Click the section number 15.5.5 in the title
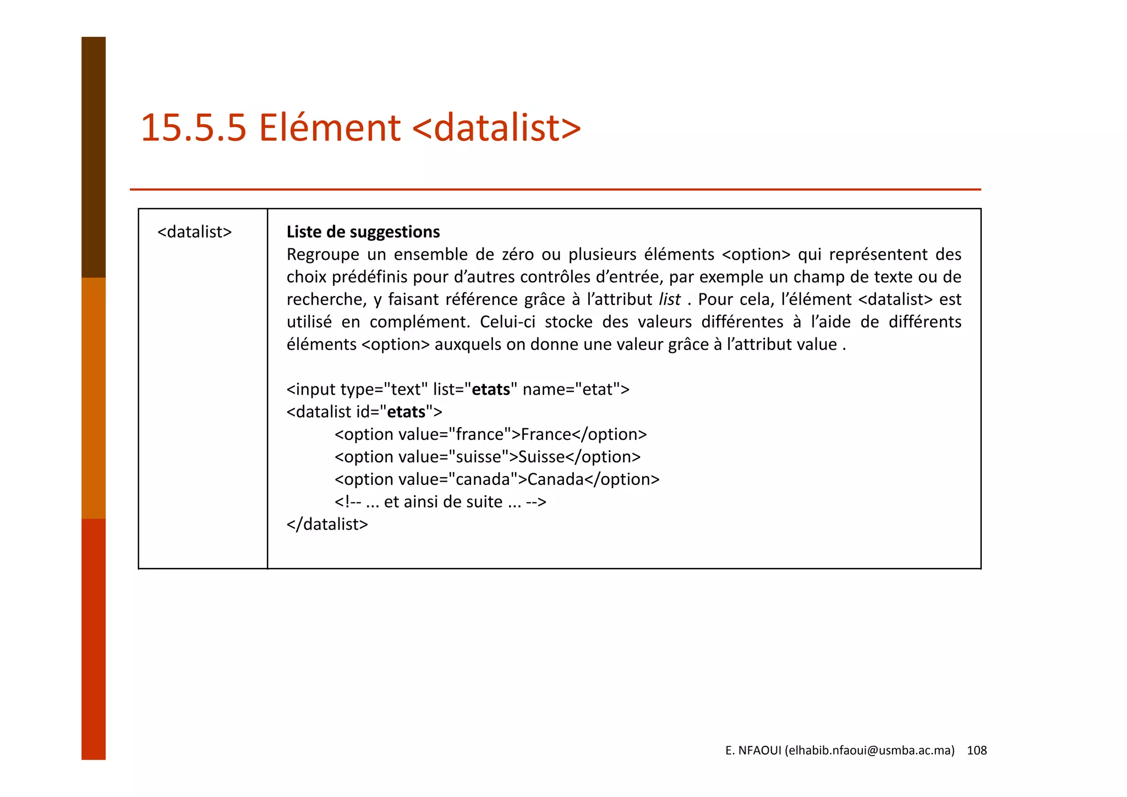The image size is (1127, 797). click(193, 128)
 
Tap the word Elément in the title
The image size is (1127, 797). click(330, 128)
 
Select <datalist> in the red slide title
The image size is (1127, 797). click(496, 128)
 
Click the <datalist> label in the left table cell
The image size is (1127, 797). click(194, 232)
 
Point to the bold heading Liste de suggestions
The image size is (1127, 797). click(363, 232)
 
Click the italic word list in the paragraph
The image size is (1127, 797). click(669, 299)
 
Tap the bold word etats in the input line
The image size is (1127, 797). click(491, 389)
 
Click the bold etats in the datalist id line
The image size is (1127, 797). click(406, 412)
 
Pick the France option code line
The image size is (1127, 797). click(490, 434)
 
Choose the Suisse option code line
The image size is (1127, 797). click(487, 457)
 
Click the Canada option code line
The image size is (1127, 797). click(496, 479)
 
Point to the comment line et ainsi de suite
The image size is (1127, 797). click(440, 502)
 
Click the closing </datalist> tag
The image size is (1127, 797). click(327, 524)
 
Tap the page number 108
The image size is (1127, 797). click(977, 750)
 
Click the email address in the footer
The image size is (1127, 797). click(869, 750)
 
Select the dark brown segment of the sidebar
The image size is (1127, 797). click(94, 157)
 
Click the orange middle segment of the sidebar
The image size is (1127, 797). click(94, 398)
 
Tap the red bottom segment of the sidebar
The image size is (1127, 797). click(94, 638)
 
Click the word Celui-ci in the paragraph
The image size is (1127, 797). click(507, 322)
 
